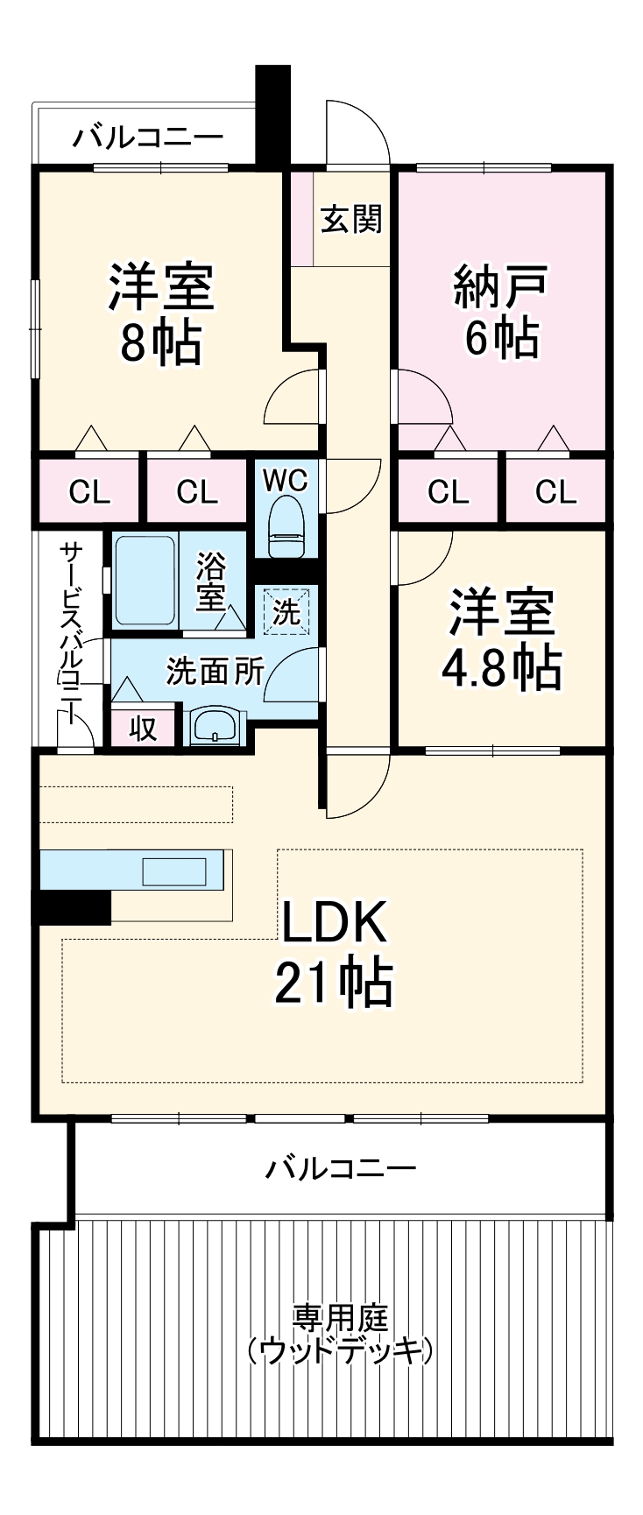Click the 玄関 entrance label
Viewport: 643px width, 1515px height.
click(x=351, y=219)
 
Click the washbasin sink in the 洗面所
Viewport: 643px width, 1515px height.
click(x=214, y=727)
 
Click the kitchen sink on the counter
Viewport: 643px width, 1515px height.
click(x=174, y=871)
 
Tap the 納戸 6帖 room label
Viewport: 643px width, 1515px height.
click(x=500, y=312)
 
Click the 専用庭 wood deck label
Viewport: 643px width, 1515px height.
click(x=340, y=1335)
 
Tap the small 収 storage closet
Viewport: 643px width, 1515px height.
click(x=143, y=728)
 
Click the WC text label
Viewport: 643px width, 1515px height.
click(x=286, y=481)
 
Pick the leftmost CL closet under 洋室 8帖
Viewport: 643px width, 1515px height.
click(x=89, y=492)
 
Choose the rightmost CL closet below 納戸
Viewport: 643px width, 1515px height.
click(x=555, y=492)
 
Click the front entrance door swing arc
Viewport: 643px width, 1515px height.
click(x=359, y=131)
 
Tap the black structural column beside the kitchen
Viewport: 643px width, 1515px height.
click(x=73, y=907)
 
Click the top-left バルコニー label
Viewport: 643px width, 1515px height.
click(x=148, y=138)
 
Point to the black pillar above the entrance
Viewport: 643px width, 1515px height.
click(x=272, y=114)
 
